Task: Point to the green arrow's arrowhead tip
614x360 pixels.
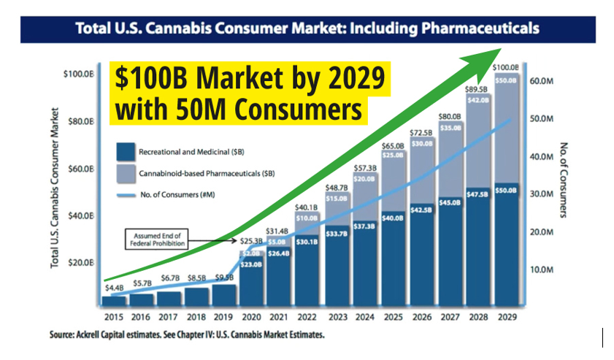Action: [x=502, y=48]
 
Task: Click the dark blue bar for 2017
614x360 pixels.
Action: [x=169, y=298]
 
